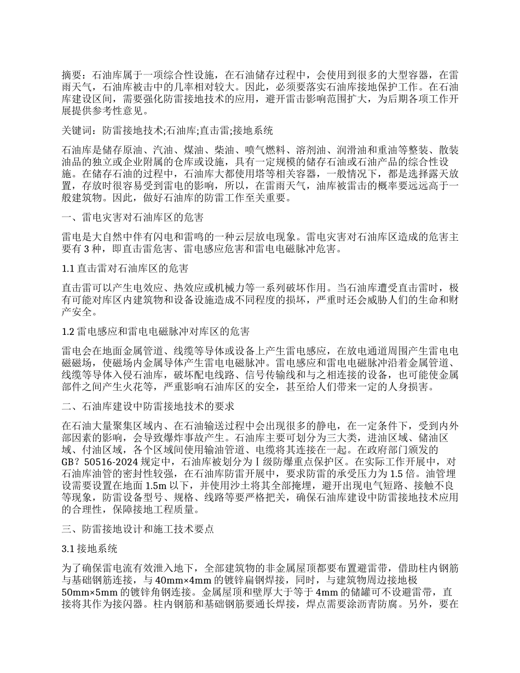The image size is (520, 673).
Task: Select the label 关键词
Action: tap(76, 131)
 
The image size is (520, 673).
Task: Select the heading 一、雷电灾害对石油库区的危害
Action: tap(133, 218)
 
